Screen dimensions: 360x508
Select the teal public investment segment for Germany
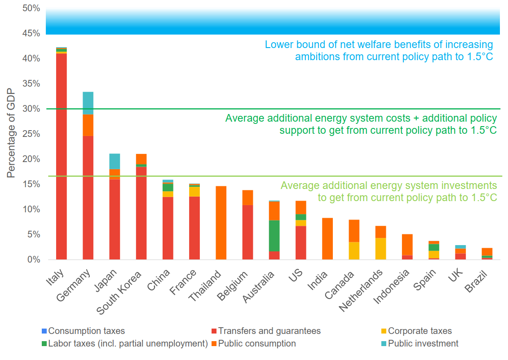pos(88,103)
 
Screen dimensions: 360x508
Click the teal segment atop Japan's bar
pos(115,161)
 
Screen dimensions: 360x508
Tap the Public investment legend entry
pos(423,344)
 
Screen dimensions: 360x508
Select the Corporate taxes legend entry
pos(420,331)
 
